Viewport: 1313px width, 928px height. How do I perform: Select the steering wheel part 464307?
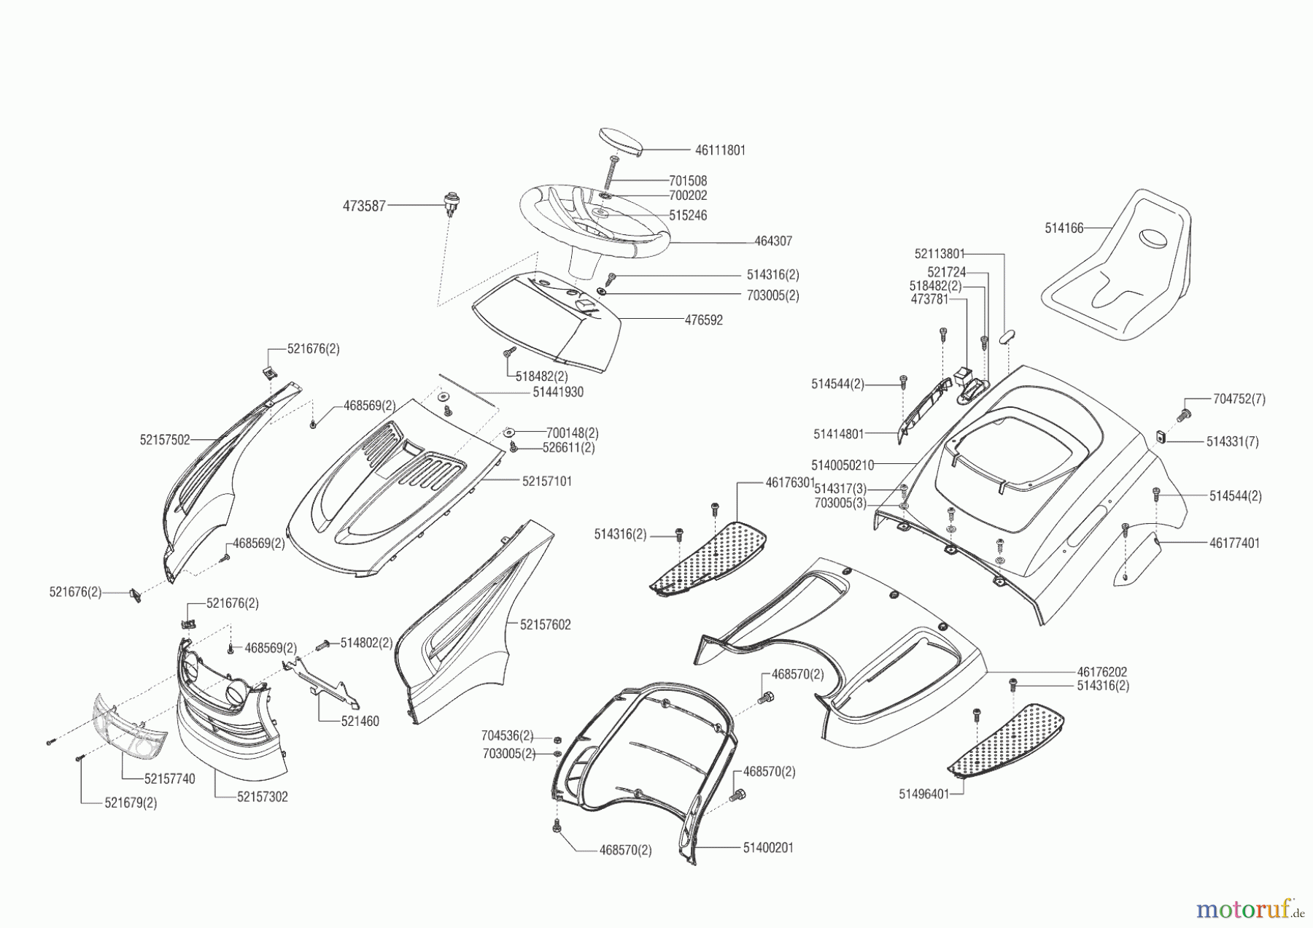point(594,226)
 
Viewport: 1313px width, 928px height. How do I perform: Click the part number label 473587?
point(364,206)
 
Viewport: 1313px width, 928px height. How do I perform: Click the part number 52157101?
point(547,482)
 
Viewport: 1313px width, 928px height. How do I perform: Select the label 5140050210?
point(843,465)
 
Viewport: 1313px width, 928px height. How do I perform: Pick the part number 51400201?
point(768,848)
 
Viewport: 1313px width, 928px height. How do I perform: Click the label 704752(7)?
point(1239,399)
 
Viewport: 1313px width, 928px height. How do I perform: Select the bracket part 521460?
point(325,680)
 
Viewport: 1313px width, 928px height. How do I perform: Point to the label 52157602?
point(546,625)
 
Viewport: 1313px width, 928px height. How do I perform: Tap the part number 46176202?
point(1102,671)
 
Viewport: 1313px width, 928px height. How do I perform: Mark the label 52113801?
point(940,254)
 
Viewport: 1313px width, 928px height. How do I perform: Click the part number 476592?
point(704,320)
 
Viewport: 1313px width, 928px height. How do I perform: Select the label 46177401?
point(1234,543)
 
